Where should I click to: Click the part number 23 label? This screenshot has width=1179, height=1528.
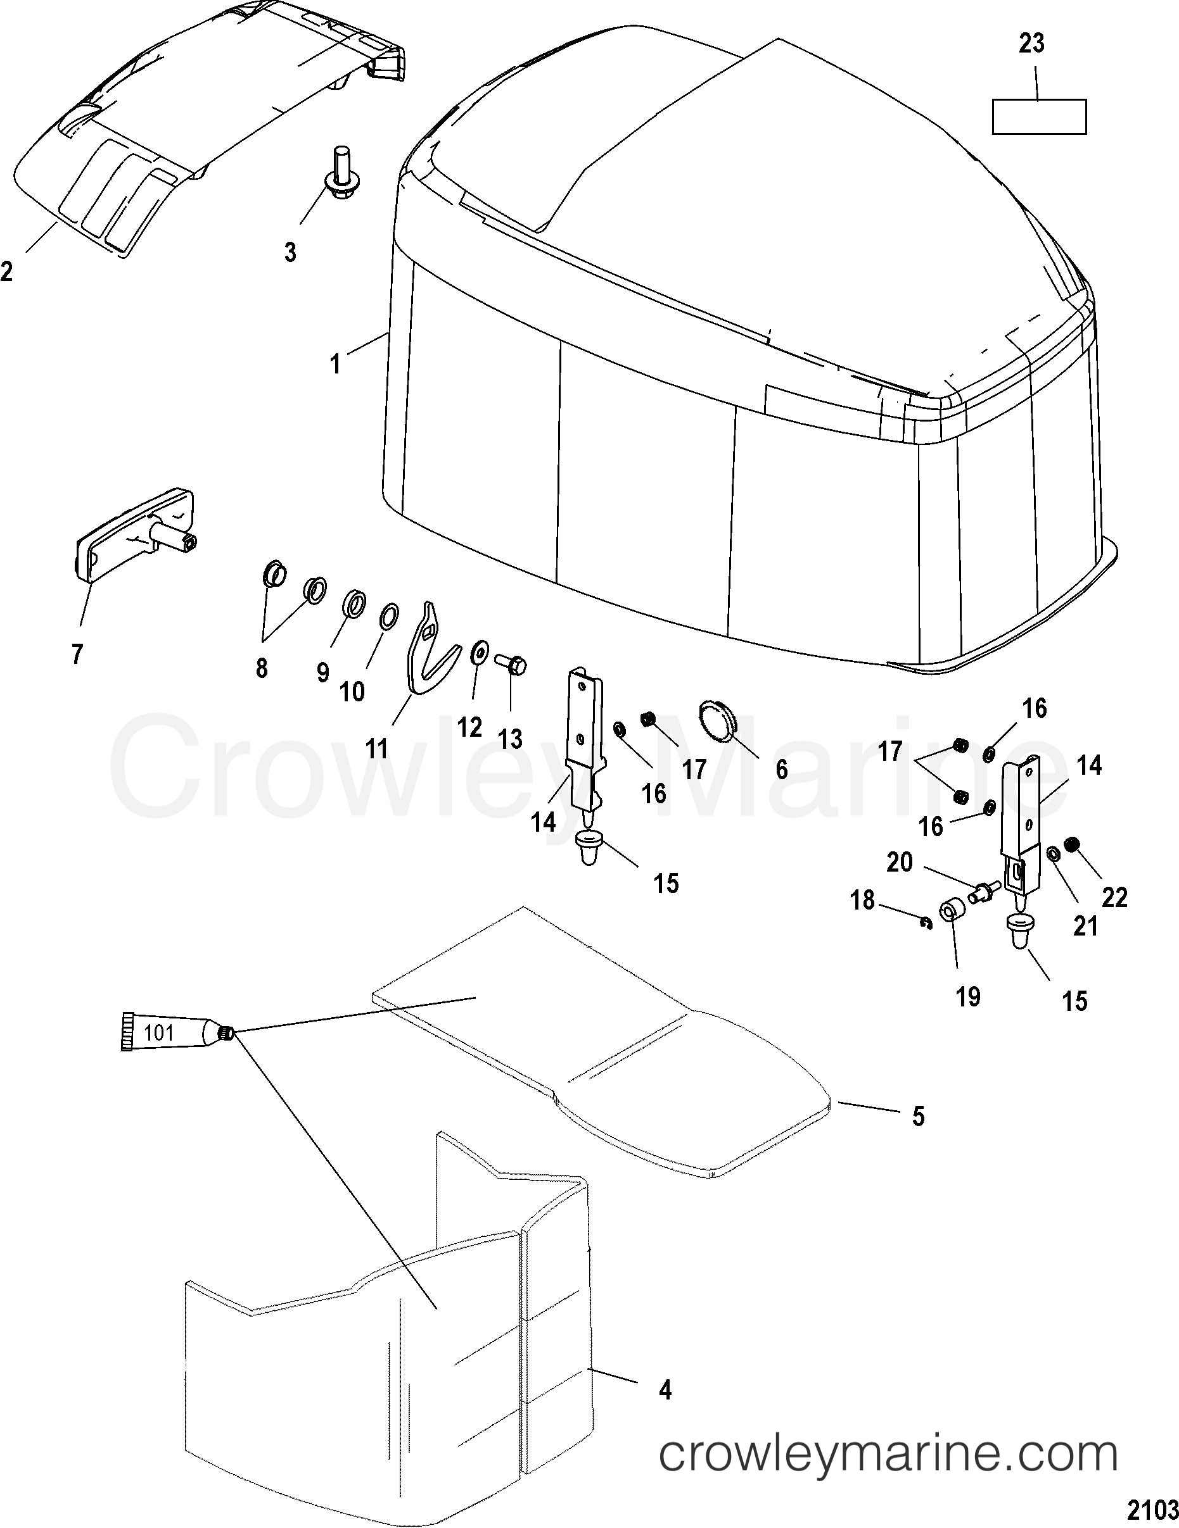pos(1032,44)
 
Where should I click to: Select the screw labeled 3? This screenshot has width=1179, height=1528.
pos(341,172)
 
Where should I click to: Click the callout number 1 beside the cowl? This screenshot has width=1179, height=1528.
pos(335,364)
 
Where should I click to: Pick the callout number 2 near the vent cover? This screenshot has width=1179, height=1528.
pos(6,271)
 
